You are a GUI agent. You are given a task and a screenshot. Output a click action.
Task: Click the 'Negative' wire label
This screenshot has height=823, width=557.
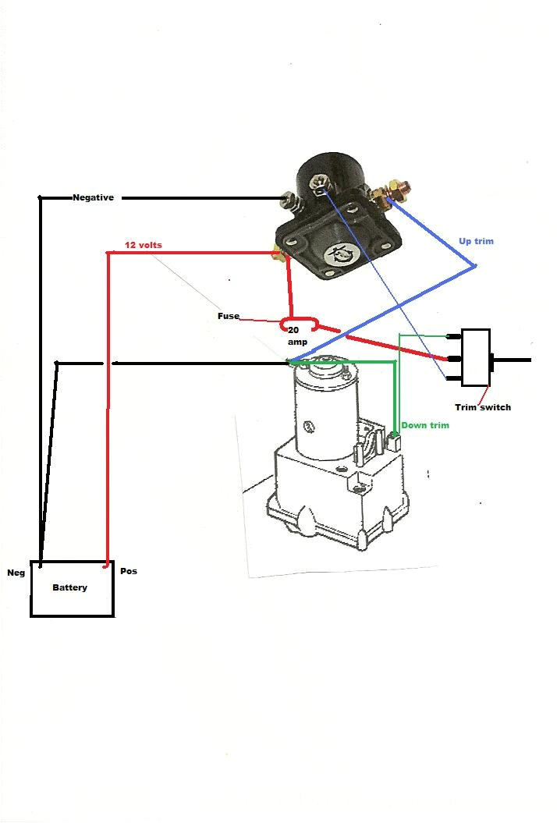pos(93,197)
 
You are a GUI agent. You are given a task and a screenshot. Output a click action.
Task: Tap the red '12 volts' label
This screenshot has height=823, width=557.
pos(144,245)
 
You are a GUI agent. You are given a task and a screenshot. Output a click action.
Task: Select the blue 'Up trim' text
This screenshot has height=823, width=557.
pos(476,241)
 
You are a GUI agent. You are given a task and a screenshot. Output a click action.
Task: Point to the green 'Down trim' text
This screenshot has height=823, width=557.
pos(425,425)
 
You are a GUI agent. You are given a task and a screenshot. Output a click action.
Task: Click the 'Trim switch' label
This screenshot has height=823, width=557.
pos(483,407)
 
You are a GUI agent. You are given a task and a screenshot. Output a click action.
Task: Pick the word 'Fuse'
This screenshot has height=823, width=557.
pos(228,317)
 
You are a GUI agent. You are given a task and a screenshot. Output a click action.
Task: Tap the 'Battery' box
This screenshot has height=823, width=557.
pos(72,588)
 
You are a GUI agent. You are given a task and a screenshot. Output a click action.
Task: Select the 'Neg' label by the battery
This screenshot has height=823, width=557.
pos(16,572)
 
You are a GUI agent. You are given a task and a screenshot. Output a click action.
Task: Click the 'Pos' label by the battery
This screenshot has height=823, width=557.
pos(129,571)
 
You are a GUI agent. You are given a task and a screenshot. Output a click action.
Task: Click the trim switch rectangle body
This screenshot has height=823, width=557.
pos(475,357)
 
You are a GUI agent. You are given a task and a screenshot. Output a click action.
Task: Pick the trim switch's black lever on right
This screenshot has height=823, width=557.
pos(512,360)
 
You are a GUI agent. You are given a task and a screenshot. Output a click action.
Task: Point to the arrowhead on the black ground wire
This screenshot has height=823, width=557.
pos(115,363)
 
